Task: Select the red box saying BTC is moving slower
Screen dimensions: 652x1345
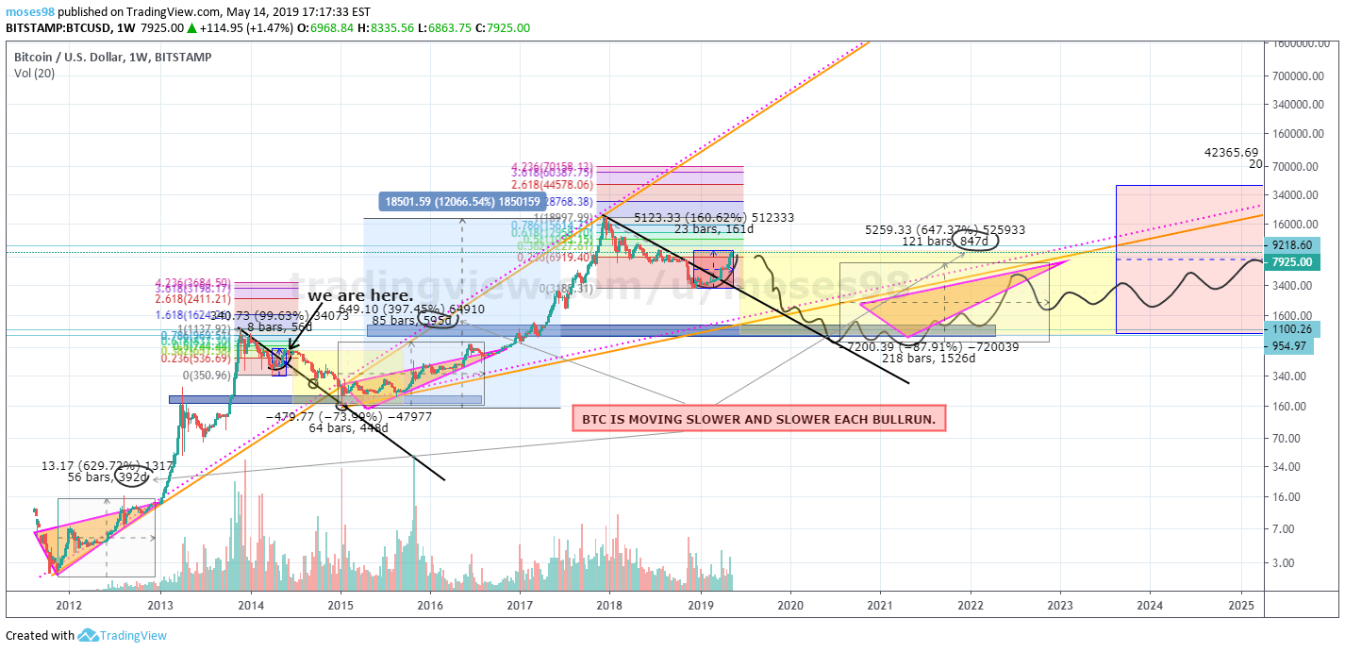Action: (x=759, y=418)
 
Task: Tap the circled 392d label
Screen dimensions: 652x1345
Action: (x=133, y=477)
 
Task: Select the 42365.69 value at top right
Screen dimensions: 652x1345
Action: (x=1231, y=152)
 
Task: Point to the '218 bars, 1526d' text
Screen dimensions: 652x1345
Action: (x=928, y=359)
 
